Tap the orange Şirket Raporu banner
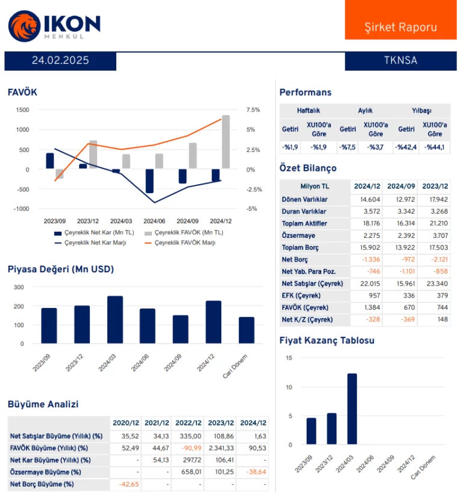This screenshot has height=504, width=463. [x=400, y=27]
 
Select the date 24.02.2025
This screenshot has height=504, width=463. [x=60, y=60]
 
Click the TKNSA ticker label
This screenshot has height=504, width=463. [x=400, y=60]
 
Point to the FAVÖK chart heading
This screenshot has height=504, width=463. [x=22, y=92]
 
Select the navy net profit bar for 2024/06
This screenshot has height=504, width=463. [x=150, y=181]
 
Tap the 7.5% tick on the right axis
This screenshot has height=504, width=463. [x=253, y=110]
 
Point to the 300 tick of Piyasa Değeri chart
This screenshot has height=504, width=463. [x=19, y=288]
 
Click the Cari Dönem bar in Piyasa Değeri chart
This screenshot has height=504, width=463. [x=246, y=330]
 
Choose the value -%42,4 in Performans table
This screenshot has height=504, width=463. [x=406, y=148]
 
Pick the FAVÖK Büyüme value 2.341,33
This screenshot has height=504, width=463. [x=221, y=448]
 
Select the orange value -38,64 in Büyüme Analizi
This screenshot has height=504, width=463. [x=254, y=472]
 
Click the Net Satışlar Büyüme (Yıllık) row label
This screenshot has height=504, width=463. [x=56, y=436]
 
